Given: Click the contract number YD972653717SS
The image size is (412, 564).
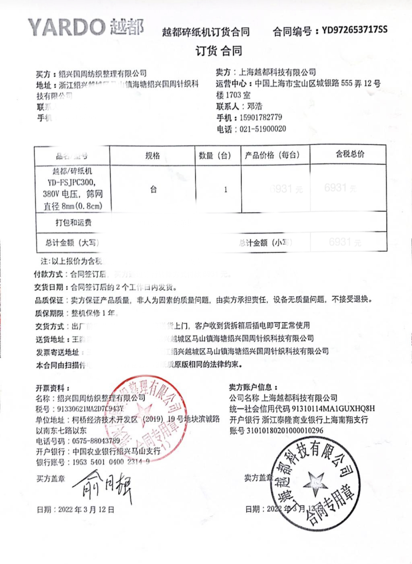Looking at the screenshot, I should pyautogui.click(x=355, y=30).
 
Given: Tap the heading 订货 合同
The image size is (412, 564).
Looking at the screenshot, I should pyautogui.click(x=219, y=51).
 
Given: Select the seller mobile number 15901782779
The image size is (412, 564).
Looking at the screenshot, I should pyautogui.click(x=261, y=117).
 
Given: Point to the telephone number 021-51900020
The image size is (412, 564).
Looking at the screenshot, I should pyautogui.click(x=262, y=129).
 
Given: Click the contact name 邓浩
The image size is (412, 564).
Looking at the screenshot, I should pyautogui.click(x=255, y=106).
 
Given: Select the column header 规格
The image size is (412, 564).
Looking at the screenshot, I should pyautogui.click(x=152, y=156).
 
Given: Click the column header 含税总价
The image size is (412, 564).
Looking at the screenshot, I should pyautogui.click(x=350, y=154).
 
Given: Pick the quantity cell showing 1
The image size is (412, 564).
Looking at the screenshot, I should pyautogui.click(x=226, y=189).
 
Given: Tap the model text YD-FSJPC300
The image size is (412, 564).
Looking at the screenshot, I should pyautogui.click(x=72, y=182).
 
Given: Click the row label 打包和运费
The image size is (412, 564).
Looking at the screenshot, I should pyautogui.click(x=73, y=222).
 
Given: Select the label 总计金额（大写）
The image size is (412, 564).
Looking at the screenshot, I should pyautogui.click(x=72, y=242).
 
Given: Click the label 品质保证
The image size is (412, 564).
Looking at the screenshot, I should pyautogui.click(x=49, y=300).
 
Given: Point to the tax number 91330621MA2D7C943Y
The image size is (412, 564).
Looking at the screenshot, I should pyautogui.click(x=90, y=409).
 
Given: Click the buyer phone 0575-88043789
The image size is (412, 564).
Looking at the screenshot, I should pyautogui.click(x=96, y=441).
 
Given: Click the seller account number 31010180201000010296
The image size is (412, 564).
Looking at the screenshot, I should pyautogui.click(x=285, y=431).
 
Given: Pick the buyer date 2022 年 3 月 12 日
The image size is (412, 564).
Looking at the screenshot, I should pyautogui.click(x=86, y=509).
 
